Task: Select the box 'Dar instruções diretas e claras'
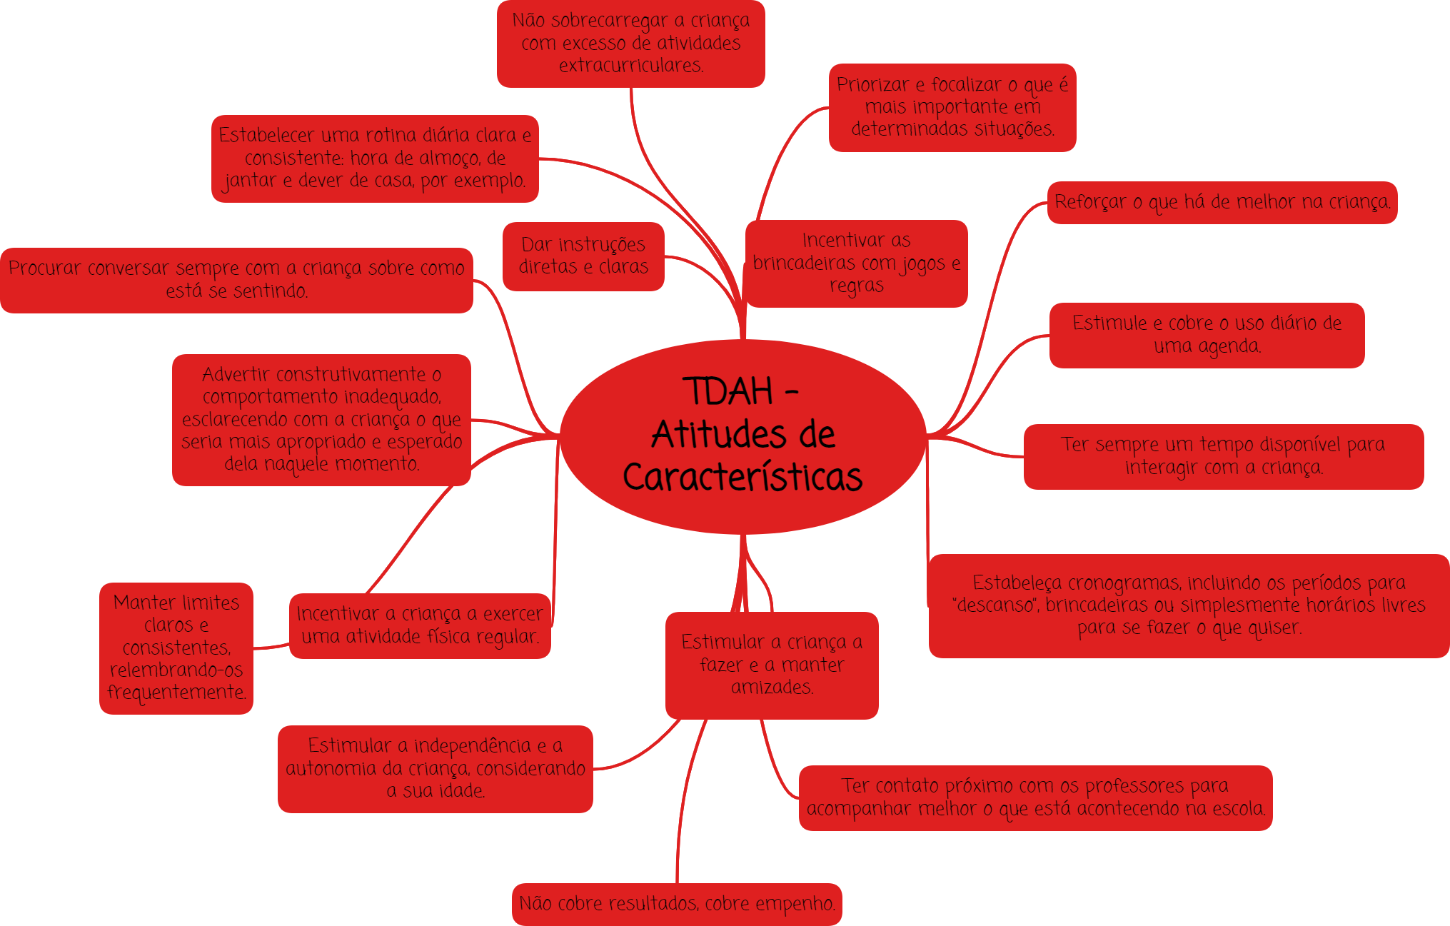coord(583,256)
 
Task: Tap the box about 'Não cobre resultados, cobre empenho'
coord(677,904)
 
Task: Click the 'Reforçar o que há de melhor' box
coord(1222,203)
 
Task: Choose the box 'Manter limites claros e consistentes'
coord(176,648)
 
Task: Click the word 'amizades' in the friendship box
coord(772,688)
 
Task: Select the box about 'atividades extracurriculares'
coord(630,44)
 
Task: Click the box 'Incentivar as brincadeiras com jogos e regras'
coord(856,263)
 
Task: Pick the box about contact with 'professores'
coord(1035,797)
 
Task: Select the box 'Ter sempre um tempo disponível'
coord(1223,456)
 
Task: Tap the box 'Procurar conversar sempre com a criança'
coord(236,280)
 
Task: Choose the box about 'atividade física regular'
coord(420,625)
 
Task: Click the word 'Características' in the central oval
coord(742,478)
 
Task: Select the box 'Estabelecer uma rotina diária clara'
coord(375,158)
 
